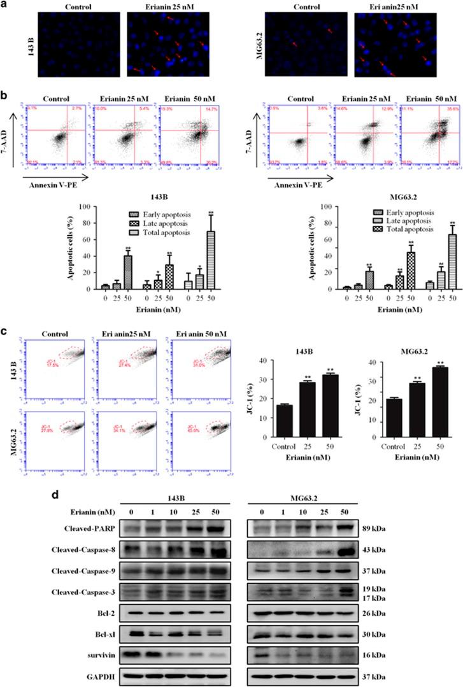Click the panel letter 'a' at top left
6,4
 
